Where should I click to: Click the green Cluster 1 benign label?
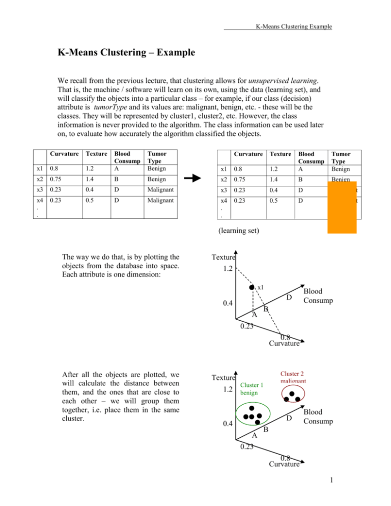click(x=253, y=389)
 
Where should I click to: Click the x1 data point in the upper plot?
click(x=252, y=288)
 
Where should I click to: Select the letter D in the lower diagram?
click(x=289, y=418)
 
